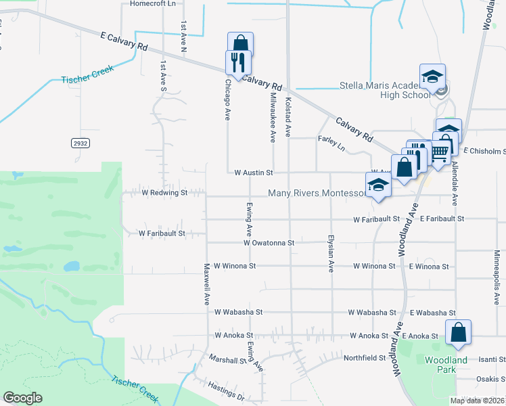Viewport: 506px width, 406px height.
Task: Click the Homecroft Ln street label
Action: (x=152, y=3)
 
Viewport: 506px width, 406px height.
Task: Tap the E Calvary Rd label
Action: (x=123, y=41)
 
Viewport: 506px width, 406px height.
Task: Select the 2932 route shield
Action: (x=80, y=143)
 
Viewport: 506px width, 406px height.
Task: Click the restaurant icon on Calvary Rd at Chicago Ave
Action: (x=238, y=62)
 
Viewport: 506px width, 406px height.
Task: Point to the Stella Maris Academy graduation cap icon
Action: (x=432, y=76)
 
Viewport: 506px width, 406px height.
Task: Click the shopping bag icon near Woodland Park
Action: (x=458, y=332)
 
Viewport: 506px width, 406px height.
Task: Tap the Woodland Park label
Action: (x=446, y=365)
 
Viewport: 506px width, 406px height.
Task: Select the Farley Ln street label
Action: (x=331, y=143)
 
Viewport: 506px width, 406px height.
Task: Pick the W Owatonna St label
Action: (x=269, y=242)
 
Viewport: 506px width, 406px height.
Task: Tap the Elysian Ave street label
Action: (x=331, y=254)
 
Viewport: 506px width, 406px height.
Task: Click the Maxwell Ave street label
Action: (x=207, y=284)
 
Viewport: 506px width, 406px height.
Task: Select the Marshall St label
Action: (x=227, y=360)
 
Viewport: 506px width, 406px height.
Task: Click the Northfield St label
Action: (x=364, y=358)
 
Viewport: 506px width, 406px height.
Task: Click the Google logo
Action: (x=22, y=398)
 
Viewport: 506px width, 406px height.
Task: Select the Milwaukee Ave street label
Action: (x=273, y=118)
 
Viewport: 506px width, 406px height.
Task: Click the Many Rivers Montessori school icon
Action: (x=377, y=185)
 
